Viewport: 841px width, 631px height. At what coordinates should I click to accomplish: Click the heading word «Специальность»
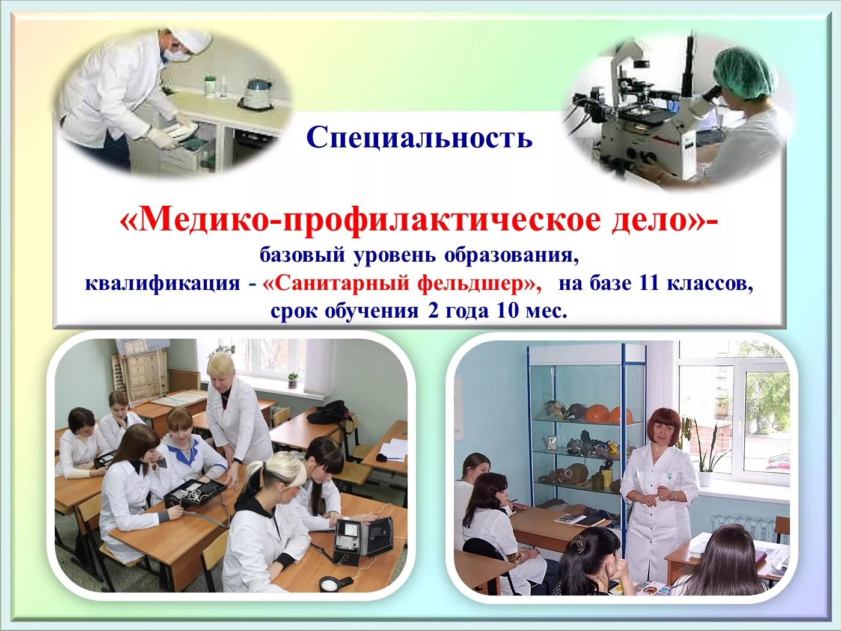(x=419, y=138)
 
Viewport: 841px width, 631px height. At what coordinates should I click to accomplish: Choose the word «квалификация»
(x=162, y=283)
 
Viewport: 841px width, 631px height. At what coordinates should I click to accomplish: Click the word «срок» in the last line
(x=294, y=311)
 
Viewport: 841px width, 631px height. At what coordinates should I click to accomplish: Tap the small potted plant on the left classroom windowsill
(x=292, y=380)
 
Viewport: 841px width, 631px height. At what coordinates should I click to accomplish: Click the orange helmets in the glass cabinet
(x=608, y=415)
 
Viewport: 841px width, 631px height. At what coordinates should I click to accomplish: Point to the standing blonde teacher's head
(x=221, y=368)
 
